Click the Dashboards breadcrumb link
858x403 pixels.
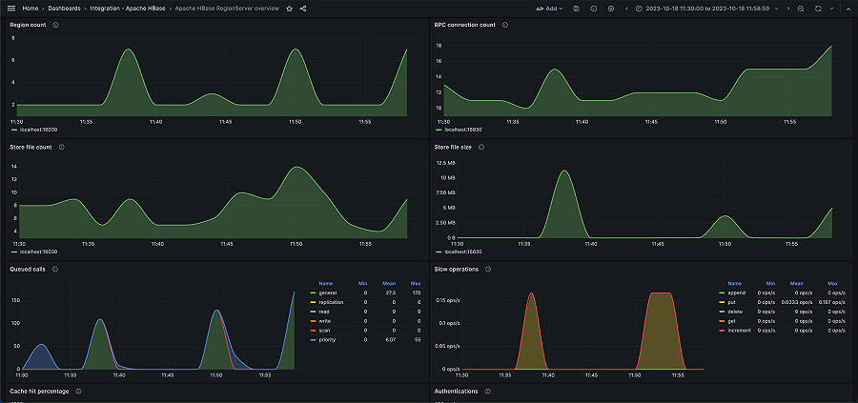pyautogui.click(x=65, y=9)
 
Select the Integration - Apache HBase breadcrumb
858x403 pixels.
pyautogui.click(x=130, y=9)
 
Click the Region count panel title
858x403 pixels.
pyautogui.click(x=28, y=25)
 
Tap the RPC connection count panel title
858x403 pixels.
pyautogui.click(x=465, y=25)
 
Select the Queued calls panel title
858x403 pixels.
pyautogui.click(x=28, y=270)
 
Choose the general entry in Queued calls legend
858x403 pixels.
pyautogui.click(x=327, y=292)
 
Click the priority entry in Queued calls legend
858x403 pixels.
pyautogui.click(x=327, y=339)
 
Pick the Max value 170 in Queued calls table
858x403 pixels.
pyautogui.click(x=417, y=292)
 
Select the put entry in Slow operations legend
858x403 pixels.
pyautogui.click(x=730, y=301)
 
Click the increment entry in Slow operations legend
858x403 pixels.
pyautogui.click(x=737, y=330)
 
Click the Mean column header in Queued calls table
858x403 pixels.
pyautogui.click(x=389, y=283)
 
